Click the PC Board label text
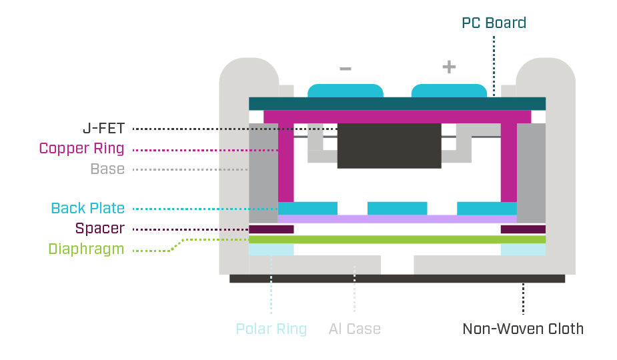tap(494, 23)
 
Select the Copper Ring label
tap(81, 148)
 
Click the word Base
tap(107, 169)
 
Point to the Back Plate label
tap(88, 208)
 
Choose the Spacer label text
tap(99, 229)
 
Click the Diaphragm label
tap(86, 249)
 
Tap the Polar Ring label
tap(271, 329)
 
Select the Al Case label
tap(354, 329)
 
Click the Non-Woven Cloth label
tap(523, 329)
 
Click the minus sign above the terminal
tap(345, 68)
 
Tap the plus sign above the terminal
tap(449, 67)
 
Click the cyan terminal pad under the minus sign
tap(345, 91)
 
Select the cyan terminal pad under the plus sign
tap(449, 91)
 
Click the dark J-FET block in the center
tap(389, 145)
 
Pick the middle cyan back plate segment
tap(397, 208)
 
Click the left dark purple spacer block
tap(271, 229)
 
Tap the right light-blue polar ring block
tap(523, 249)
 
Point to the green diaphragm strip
tap(397, 239)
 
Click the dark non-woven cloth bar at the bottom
tap(397, 279)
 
